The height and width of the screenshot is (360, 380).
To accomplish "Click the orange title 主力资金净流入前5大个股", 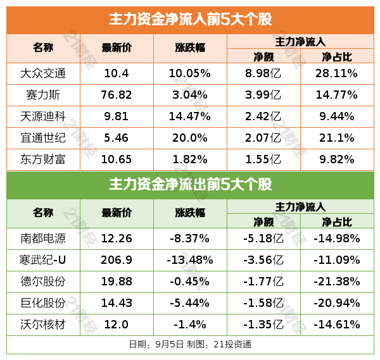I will point(190,19).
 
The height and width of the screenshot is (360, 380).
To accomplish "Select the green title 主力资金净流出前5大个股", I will point(190,185).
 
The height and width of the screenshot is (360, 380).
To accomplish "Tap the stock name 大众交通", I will point(43,73).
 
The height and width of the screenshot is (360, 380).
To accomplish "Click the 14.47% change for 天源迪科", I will point(189,116).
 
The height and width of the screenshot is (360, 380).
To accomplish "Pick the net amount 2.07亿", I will point(263,138).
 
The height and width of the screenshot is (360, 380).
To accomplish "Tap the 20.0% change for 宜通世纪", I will point(189,138).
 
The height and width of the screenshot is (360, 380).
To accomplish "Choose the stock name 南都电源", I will point(43,239).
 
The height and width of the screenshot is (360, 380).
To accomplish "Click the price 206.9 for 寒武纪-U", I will point(117,261).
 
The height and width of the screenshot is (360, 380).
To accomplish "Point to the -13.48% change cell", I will point(189,261).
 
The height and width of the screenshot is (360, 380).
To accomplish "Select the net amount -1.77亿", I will point(263,282).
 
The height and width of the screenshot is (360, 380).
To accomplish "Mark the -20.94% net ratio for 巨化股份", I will point(337,304).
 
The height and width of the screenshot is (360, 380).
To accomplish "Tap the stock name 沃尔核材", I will point(43,325).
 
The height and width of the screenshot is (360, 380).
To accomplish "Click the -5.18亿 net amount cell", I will point(263,239).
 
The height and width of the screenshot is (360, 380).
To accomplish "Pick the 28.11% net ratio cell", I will point(337,73).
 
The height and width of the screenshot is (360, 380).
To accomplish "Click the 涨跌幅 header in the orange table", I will point(189,48).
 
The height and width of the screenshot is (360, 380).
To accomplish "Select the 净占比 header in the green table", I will point(337,221).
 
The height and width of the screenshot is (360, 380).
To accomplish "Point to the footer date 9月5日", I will point(169,345).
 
